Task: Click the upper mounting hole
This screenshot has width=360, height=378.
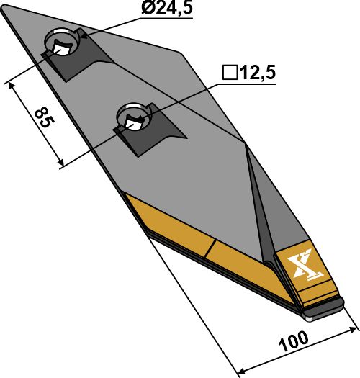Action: click(60, 45)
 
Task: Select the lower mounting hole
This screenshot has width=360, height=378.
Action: click(131, 117)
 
